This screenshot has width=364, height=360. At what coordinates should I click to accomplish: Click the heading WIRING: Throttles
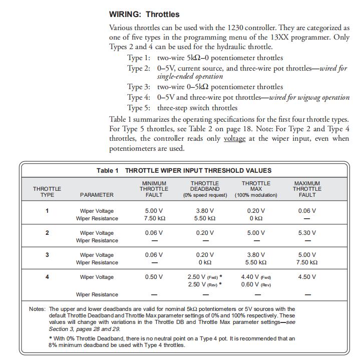144,14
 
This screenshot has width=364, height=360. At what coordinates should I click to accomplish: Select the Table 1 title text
184,171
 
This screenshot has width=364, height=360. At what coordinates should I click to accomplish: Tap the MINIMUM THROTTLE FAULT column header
154,189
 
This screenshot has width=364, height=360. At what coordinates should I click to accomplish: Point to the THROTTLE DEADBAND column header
205,189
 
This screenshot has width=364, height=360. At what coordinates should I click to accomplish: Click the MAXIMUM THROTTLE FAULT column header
307,189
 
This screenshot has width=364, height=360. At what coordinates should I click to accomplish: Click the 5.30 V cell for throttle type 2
307,233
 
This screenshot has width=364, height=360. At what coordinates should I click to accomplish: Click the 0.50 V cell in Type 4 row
154,277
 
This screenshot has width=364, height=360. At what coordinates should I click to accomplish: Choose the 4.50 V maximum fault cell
307,277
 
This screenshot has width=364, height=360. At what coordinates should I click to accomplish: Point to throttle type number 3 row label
47,255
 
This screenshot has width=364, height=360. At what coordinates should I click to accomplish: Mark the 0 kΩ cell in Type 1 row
256,218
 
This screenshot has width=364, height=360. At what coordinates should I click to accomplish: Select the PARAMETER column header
97,195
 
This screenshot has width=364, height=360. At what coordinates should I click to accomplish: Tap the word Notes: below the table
37,309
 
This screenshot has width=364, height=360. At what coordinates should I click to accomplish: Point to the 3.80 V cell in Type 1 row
205,211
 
